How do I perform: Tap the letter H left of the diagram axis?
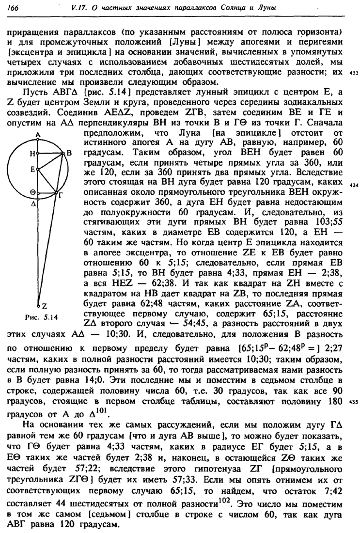pyautogui.click(x=32, y=153)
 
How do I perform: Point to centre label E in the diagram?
pyautogui.click(x=32, y=170)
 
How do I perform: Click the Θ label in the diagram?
pyautogui.click(x=32, y=192)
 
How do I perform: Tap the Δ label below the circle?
pyautogui.click(x=33, y=204)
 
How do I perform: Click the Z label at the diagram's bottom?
pyautogui.click(x=44, y=306)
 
